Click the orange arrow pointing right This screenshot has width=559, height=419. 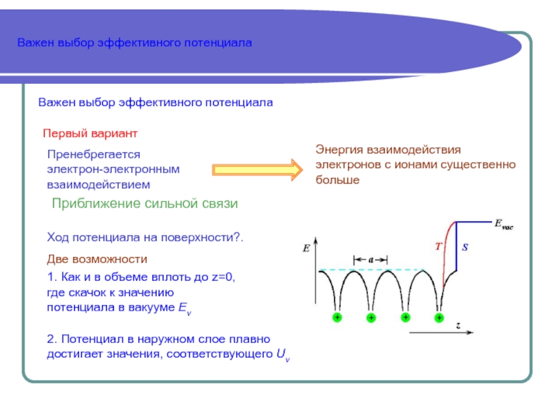[x=257, y=168]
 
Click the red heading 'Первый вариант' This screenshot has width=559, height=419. [x=90, y=133]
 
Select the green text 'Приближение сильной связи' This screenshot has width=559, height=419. [x=145, y=203]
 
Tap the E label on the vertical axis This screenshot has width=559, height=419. [x=306, y=247]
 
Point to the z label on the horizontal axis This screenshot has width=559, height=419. [x=457, y=325]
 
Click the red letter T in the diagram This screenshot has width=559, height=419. [x=438, y=246]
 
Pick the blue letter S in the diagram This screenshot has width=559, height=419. [x=465, y=247]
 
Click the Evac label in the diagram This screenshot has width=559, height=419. [x=503, y=225]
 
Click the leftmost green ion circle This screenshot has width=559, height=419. [x=337, y=318]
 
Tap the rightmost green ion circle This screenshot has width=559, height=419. [x=439, y=318]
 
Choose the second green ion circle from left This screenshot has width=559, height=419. [x=371, y=318]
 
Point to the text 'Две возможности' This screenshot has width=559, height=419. [x=96, y=259]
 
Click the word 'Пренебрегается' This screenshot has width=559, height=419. [x=94, y=154]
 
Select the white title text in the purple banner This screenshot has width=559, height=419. [x=134, y=43]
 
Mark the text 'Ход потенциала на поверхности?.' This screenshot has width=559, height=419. [x=145, y=237]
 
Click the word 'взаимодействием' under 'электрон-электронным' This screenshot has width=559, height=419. [x=99, y=184]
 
